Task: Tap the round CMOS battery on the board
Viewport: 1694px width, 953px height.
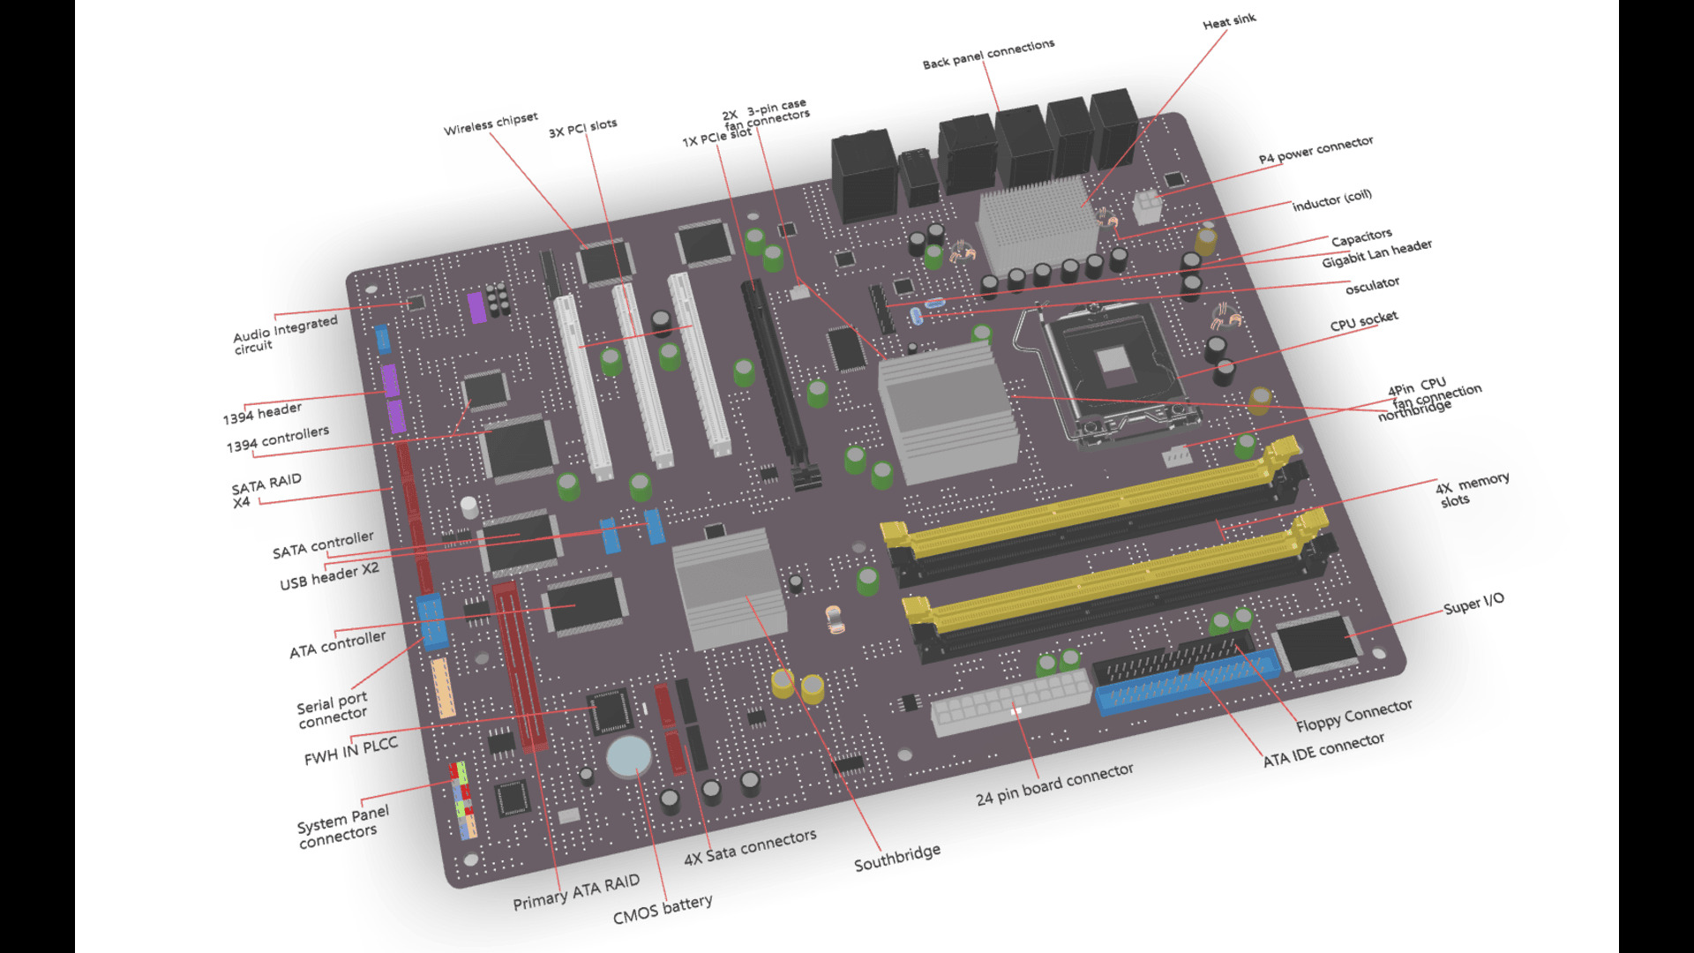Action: click(628, 756)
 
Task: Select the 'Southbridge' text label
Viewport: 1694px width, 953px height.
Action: click(896, 858)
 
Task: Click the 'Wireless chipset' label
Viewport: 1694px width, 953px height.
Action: click(491, 124)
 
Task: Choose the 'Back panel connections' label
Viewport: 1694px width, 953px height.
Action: click(988, 55)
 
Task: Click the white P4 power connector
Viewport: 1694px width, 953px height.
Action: click(1147, 207)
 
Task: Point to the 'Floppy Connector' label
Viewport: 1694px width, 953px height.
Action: click(1353, 716)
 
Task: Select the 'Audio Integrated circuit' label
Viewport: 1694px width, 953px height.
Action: click(284, 334)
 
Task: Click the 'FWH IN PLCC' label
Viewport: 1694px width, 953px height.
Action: click(350, 752)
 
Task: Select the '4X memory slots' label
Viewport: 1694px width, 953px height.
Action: click(1472, 490)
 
